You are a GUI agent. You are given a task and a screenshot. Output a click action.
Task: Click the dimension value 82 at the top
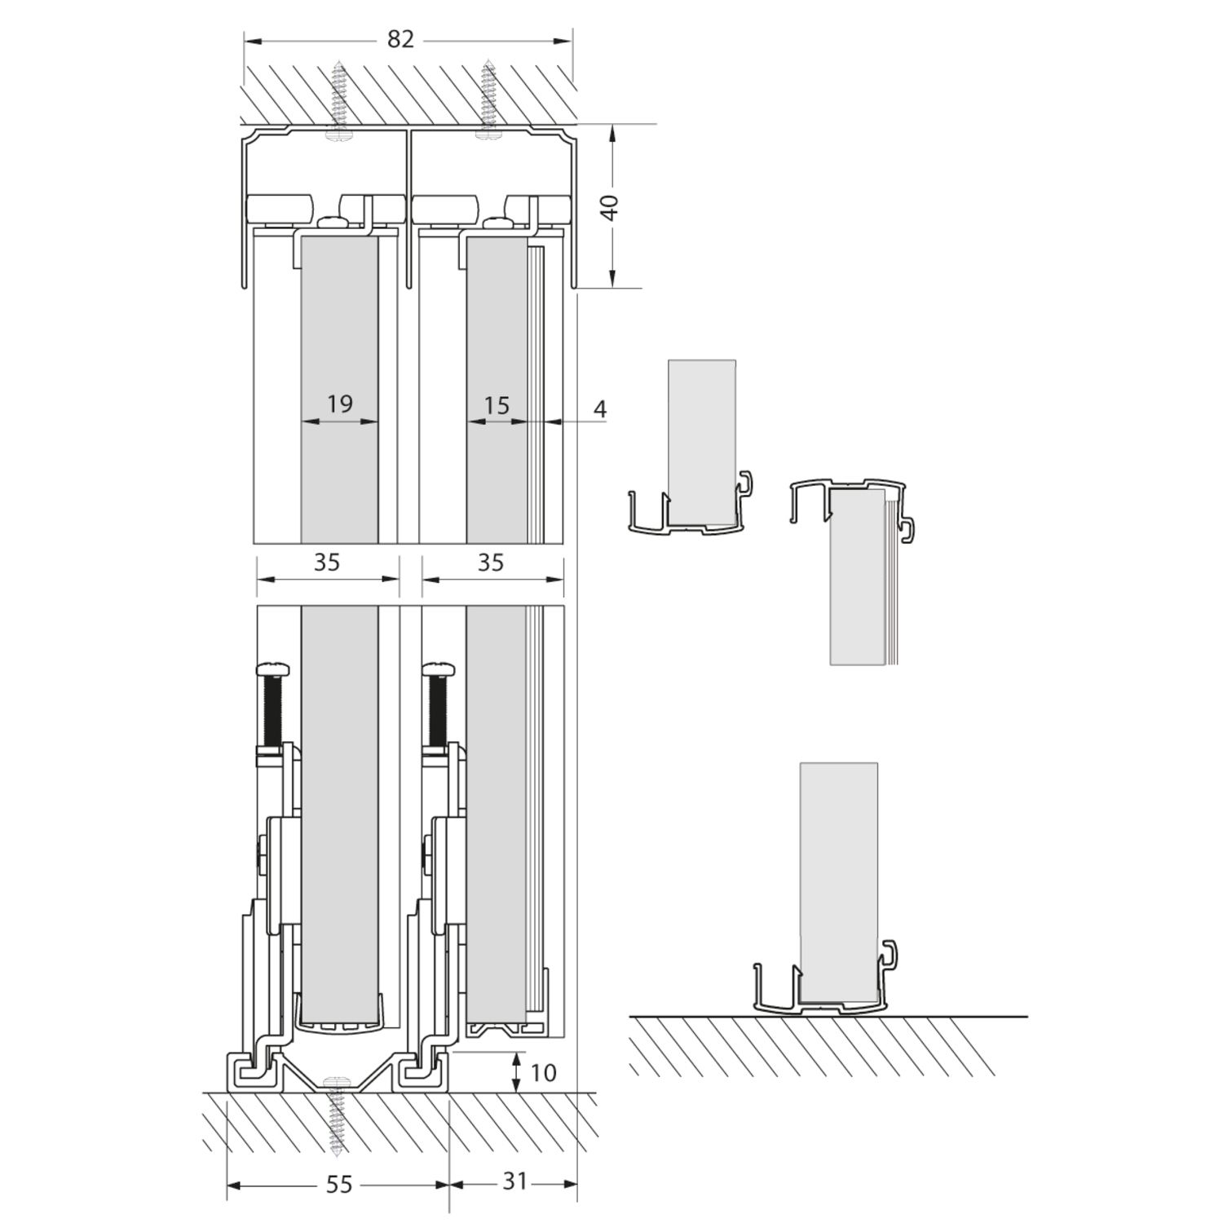pyautogui.click(x=400, y=39)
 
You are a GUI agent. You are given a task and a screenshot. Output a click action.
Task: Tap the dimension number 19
pyautogui.click(x=339, y=404)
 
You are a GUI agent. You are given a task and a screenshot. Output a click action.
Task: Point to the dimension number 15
pyautogui.click(x=496, y=404)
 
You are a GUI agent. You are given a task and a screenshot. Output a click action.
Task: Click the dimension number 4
pyautogui.click(x=600, y=408)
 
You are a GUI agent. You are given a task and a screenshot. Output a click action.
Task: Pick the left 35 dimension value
pyautogui.click(x=326, y=562)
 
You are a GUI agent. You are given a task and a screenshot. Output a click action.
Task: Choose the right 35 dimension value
pyautogui.click(x=491, y=562)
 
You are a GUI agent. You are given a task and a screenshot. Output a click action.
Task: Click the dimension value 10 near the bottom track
pyautogui.click(x=543, y=1072)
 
